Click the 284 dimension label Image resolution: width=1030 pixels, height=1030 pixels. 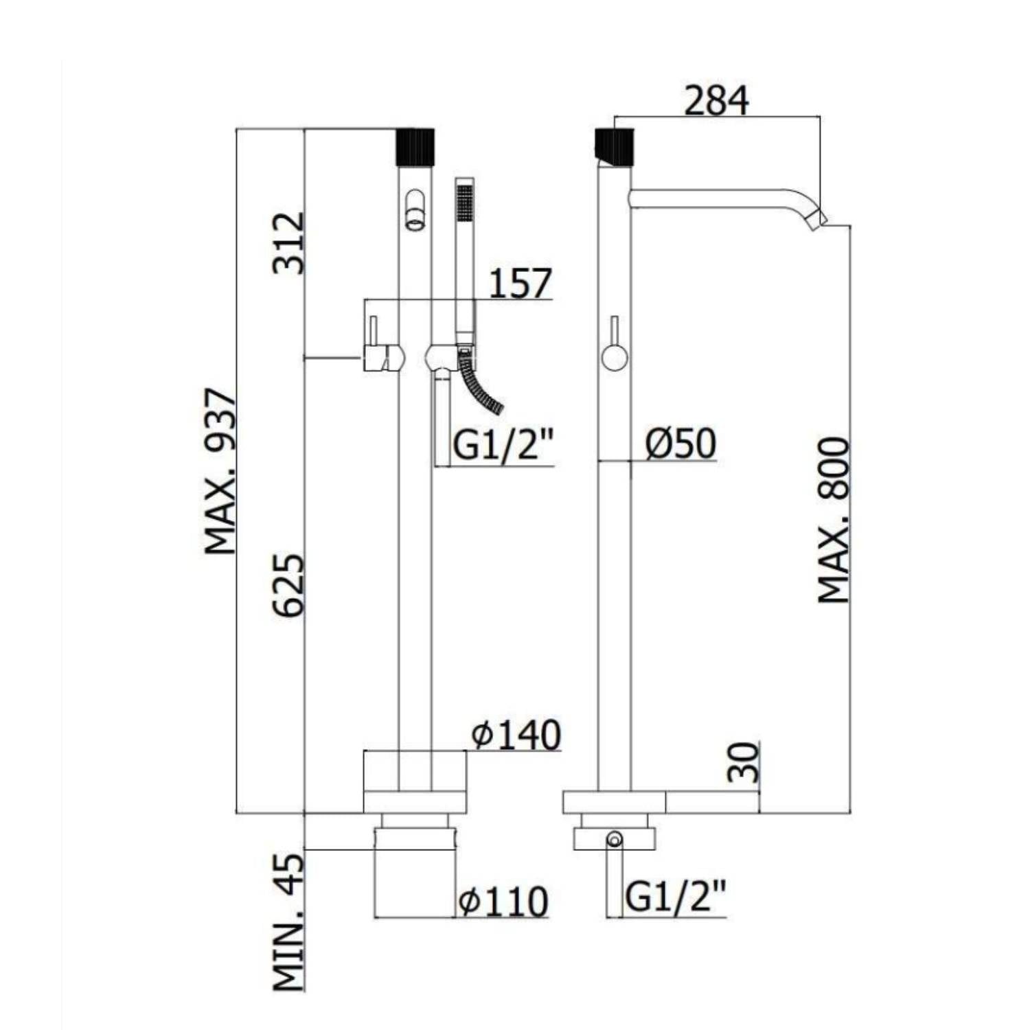(716, 101)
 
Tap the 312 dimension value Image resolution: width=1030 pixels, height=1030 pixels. (288, 243)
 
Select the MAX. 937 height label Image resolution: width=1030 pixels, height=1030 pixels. (220, 472)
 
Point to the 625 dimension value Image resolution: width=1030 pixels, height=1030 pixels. (288, 585)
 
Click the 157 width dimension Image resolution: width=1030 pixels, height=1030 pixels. (520, 284)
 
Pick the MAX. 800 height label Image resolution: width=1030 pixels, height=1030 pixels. (834, 520)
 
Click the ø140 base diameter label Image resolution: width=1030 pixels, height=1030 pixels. (516, 735)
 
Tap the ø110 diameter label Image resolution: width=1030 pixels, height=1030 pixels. (504, 901)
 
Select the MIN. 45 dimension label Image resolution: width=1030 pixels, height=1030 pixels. (288, 922)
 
